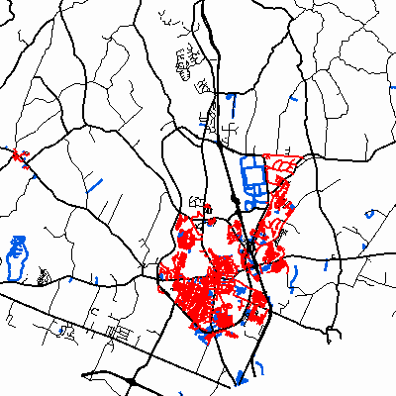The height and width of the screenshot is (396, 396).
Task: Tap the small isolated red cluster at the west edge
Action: click(19, 155)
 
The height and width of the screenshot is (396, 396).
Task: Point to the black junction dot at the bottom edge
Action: click(132, 381)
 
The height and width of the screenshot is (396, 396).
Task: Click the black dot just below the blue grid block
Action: click(235, 200)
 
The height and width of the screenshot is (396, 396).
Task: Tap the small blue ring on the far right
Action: click(370, 212)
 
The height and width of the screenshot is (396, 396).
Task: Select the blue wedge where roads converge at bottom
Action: click(241, 377)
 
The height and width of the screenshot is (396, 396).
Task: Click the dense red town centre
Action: click(208, 292)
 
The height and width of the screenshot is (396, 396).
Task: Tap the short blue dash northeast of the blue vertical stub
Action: click(297, 99)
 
